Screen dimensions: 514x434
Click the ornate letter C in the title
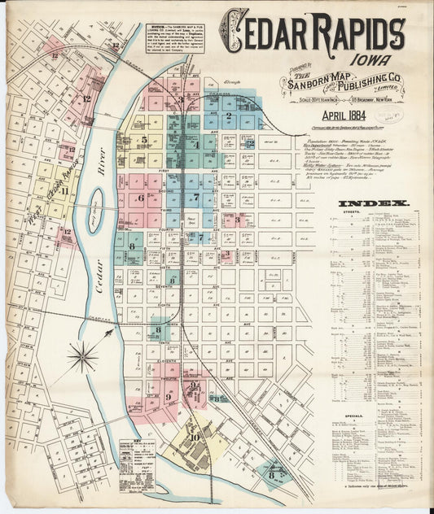coord(238,32)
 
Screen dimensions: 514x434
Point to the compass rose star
coord(82,355)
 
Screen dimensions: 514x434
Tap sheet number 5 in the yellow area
coord(144,138)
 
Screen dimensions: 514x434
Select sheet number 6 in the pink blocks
coord(141,197)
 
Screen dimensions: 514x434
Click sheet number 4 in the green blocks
coord(195,145)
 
